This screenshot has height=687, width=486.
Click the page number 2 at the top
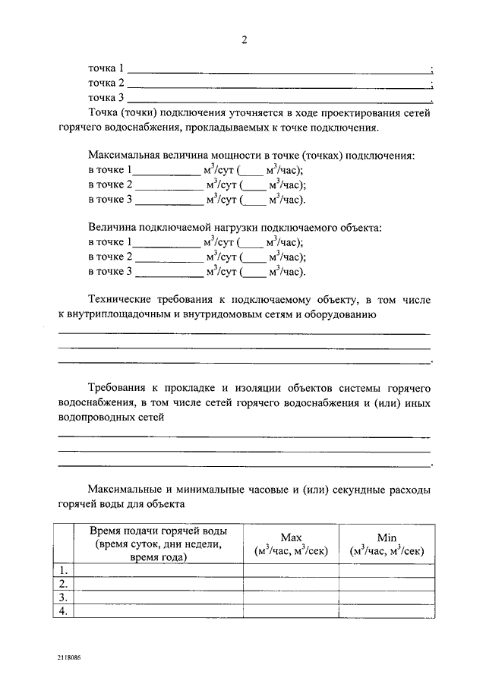(245, 39)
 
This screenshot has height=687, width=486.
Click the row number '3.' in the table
(64, 597)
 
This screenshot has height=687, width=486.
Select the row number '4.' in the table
(64, 611)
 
